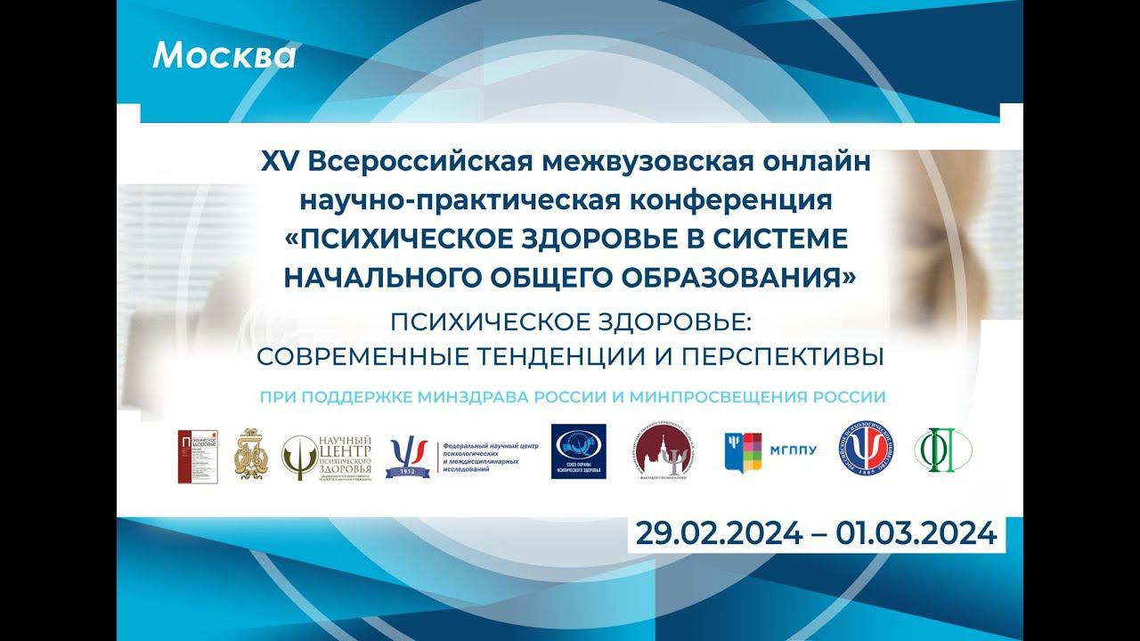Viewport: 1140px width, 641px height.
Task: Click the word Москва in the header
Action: click(x=224, y=55)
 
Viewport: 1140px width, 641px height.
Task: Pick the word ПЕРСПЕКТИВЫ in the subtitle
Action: click(x=783, y=356)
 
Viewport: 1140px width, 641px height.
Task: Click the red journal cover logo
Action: click(x=197, y=456)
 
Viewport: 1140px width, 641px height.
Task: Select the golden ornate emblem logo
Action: click(x=250, y=454)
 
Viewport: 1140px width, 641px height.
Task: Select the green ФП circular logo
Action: click(x=943, y=451)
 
